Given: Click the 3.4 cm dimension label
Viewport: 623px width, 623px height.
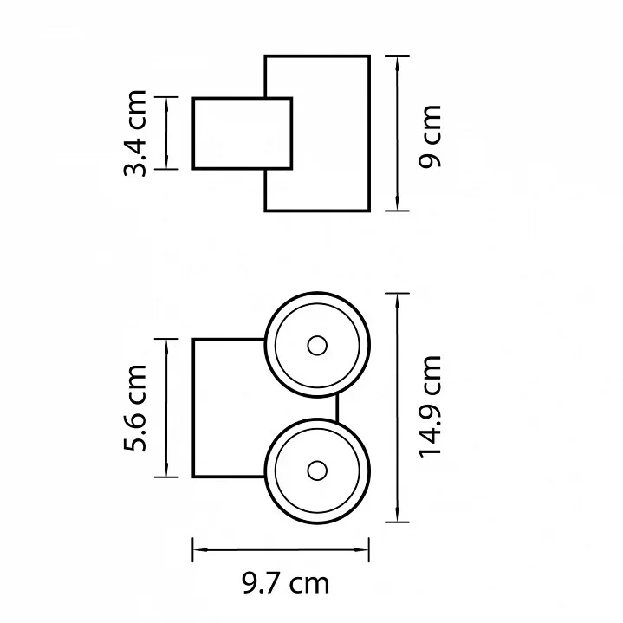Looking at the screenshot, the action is click(135, 133).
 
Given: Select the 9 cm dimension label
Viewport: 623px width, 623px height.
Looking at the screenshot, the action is click(430, 136).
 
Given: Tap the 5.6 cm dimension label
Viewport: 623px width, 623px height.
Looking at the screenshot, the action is click(135, 407).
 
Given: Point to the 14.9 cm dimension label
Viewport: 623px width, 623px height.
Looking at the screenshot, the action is click(430, 407).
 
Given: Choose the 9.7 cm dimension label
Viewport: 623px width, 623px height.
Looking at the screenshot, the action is click(286, 584).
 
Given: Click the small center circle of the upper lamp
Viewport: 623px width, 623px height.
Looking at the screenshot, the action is click(317, 346).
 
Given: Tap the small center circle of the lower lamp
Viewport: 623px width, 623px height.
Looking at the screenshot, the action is click(317, 470).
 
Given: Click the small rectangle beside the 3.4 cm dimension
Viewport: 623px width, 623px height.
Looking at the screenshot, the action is click(243, 133).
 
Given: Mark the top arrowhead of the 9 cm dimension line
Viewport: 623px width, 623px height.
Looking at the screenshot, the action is click(398, 63).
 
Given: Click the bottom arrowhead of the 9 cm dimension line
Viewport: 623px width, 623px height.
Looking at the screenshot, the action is click(398, 204).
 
